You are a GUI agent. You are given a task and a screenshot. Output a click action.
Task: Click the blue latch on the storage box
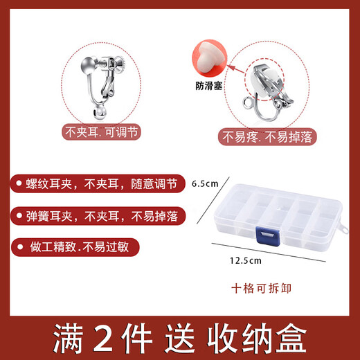[x=268, y=236]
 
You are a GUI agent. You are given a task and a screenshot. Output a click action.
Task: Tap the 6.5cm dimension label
[x=205, y=183]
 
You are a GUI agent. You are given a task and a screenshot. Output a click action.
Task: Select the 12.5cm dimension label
[x=246, y=261]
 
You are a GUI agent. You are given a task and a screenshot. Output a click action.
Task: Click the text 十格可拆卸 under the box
[x=261, y=289]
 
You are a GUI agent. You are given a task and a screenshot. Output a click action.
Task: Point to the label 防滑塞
[x=208, y=86]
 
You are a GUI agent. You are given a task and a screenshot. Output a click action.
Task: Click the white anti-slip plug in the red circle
[x=209, y=57]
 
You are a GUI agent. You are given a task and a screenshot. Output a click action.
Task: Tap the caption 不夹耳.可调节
[x=101, y=132]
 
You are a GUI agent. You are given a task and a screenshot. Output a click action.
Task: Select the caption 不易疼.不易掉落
[x=267, y=137]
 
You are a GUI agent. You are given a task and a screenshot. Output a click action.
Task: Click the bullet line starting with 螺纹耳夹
[x=101, y=184]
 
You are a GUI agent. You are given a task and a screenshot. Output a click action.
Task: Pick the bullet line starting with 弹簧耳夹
[x=102, y=216]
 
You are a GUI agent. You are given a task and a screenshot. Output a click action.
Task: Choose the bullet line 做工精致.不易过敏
[x=79, y=247]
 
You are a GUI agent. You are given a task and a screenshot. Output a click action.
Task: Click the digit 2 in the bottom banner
[x=102, y=338]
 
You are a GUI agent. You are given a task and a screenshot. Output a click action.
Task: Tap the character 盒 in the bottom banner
[x=291, y=338]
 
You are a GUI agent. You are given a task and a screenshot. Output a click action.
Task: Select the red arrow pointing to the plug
[x=236, y=70]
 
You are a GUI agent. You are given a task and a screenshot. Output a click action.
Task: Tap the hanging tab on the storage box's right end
[x=344, y=228]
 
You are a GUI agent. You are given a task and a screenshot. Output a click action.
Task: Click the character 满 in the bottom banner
[x=68, y=338]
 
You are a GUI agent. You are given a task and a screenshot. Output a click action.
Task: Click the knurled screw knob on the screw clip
[x=120, y=64]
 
